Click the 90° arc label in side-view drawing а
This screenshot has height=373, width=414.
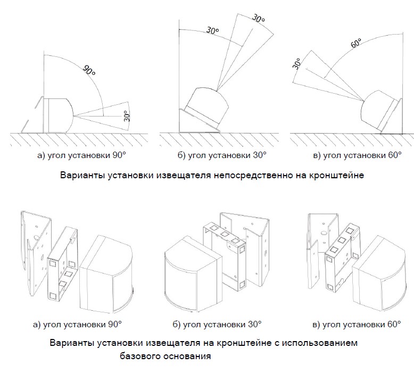point(88,71)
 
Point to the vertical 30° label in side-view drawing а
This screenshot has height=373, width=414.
point(127,115)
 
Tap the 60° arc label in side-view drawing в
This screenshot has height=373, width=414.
point(356,44)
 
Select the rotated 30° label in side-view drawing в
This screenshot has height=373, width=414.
point(297,64)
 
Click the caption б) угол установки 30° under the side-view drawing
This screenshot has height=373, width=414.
point(222,155)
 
